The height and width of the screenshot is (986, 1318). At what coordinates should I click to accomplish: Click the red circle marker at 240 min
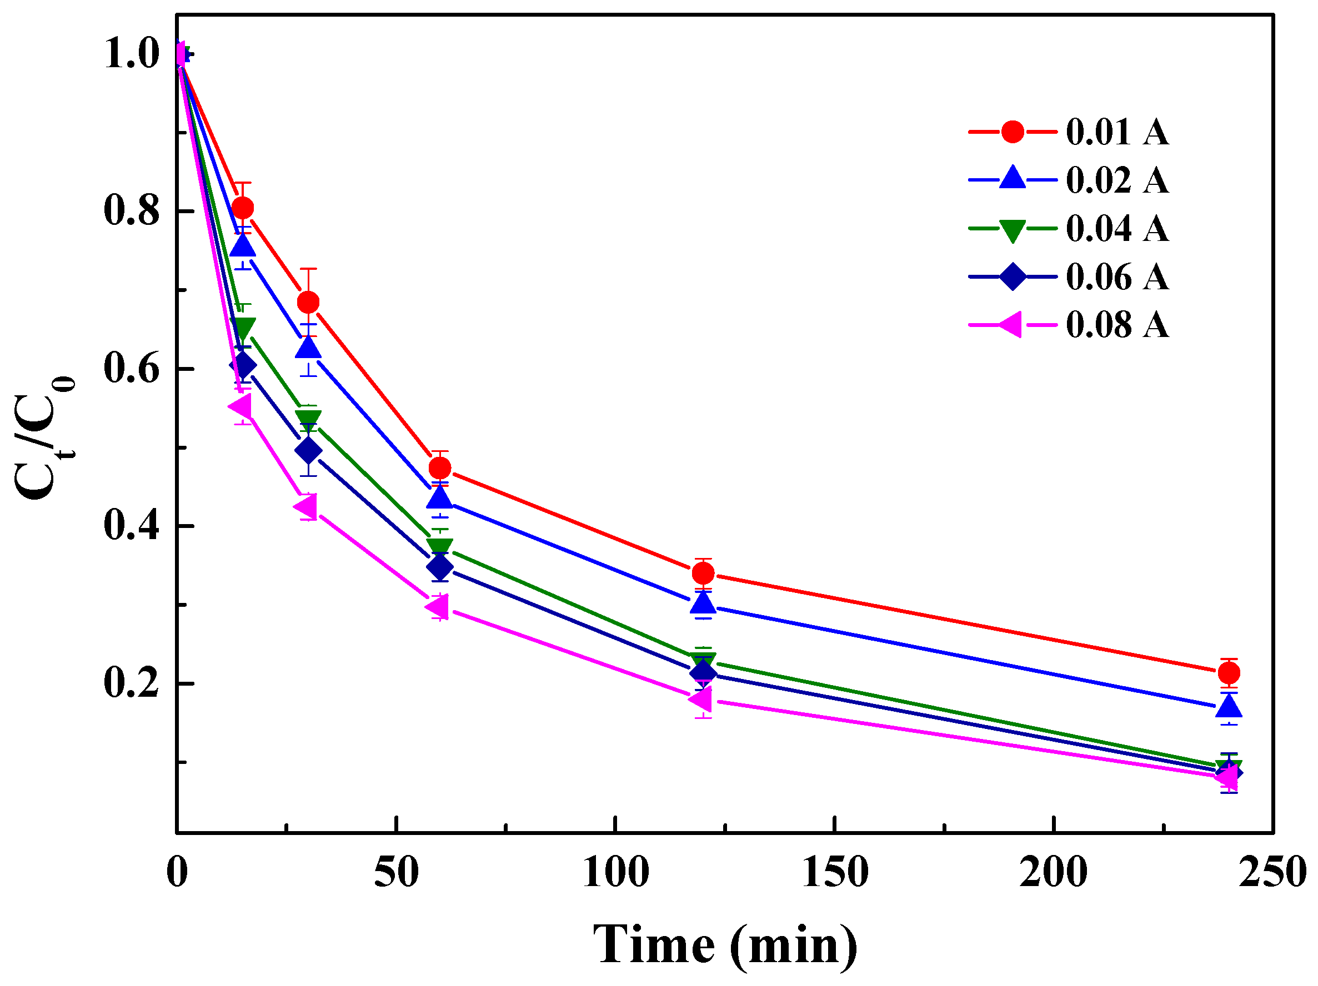tap(1229, 673)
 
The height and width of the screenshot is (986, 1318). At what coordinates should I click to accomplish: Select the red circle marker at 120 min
tap(703, 573)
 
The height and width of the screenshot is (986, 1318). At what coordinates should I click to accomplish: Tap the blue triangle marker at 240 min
tap(1229, 707)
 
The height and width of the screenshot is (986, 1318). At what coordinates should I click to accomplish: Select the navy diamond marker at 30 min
tap(308, 450)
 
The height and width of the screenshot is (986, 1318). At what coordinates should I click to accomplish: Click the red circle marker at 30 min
tap(308, 303)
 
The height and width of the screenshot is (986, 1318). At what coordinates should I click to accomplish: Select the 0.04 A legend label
tap(1117, 229)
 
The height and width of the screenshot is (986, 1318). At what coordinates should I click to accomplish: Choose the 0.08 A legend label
tap(1117, 325)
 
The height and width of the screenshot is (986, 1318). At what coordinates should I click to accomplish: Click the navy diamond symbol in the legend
tap(1013, 277)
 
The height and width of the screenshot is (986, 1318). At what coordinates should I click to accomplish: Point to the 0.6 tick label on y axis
tap(132, 369)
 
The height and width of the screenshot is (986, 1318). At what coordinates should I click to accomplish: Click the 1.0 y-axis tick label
tap(132, 54)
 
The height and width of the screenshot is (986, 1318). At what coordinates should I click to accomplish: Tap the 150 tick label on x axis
tap(835, 873)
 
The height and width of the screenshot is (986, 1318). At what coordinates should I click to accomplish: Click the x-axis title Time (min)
tap(725, 945)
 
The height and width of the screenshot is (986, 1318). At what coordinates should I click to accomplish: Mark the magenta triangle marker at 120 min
tap(701, 699)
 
